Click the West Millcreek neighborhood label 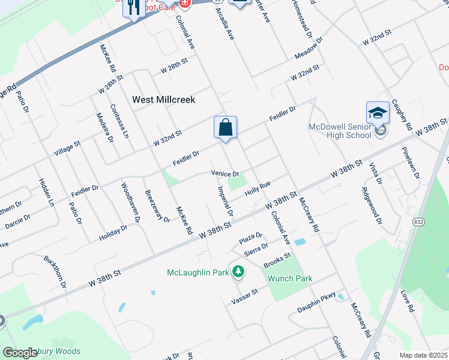(164, 100)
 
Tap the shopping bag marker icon (225, 127)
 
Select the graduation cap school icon (378, 112)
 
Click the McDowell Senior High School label (340, 131)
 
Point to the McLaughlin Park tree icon (238, 272)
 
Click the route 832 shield (418, 221)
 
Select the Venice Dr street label (225, 173)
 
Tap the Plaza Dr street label (251, 237)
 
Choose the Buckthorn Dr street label (55, 272)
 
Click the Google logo (20, 353)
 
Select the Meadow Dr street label (309, 50)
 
